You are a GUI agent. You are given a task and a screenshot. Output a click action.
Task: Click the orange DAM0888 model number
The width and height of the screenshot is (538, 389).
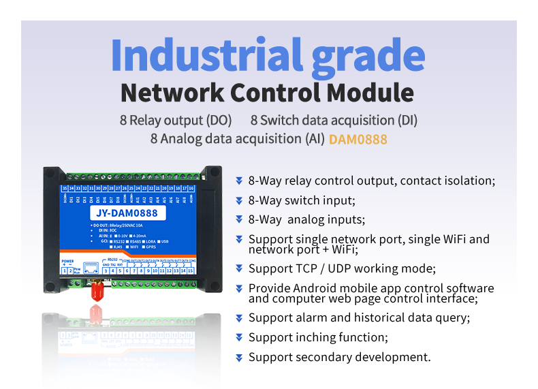tap(358, 138)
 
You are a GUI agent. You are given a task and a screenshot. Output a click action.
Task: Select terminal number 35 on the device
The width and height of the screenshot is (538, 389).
tap(65, 187)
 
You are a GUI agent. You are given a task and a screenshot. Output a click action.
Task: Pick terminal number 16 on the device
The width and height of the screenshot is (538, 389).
tap(192, 187)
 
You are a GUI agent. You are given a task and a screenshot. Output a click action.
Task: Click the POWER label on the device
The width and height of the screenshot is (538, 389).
tap(67, 261)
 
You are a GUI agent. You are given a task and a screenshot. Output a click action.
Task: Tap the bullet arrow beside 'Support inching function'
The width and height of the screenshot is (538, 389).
tap(239, 337)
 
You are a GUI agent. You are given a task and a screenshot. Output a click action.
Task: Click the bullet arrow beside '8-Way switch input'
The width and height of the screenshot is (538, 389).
tap(239, 200)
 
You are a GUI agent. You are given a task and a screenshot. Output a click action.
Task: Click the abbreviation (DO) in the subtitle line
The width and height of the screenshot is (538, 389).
tap(219, 120)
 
